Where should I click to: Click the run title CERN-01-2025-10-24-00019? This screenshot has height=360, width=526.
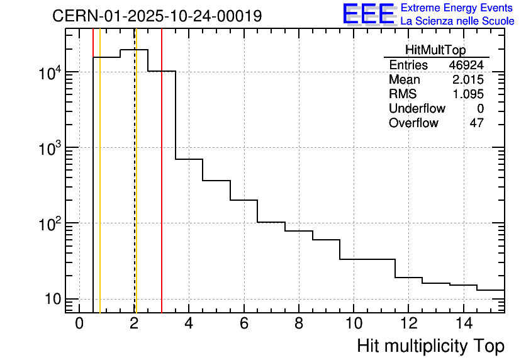(x=157, y=16)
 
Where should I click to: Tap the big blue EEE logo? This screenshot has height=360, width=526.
(x=369, y=14)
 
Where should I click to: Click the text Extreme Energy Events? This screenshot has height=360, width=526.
(x=457, y=8)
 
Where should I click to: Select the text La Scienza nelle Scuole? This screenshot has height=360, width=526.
(x=457, y=21)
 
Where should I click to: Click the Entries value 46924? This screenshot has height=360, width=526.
(x=466, y=65)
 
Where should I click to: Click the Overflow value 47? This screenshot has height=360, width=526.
(x=476, y=123)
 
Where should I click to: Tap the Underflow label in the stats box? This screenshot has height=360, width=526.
(x=417, y=108)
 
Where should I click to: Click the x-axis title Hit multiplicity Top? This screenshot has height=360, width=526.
(x=430, y=346)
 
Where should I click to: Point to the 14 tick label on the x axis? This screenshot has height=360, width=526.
(x=463, y=323)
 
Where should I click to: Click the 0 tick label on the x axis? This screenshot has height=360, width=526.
(x=79, y=323)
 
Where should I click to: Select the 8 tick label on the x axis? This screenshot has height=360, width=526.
(x=299, y=323)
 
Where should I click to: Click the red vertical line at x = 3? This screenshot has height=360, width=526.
(x=162, y=189)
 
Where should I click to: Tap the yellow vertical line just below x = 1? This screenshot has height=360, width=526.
(x=100, y=189)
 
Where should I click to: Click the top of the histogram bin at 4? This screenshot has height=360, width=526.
(x=189, y=159)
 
